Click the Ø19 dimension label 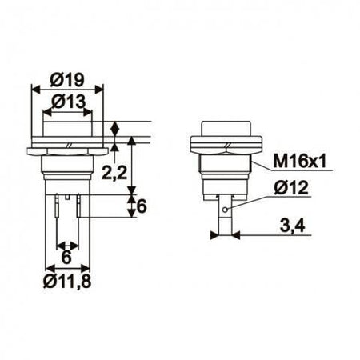pyautogui.click(x=67, y=80)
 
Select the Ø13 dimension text pyautogui.click(x=69, y=102)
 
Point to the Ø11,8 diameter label pyautogui.click(x=67, y=282)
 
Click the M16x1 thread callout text pyautogui.click(x=299, y=162)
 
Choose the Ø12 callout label pyautogui.click(x=291, y=188)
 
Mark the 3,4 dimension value pyautogui.click(x=292, y=226)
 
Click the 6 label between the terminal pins pyautogui.click(x=66, y=258)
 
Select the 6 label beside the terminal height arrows pyautogui.click(x=142, y=206)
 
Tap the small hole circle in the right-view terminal pyautogui.click(x=226, y=210)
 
